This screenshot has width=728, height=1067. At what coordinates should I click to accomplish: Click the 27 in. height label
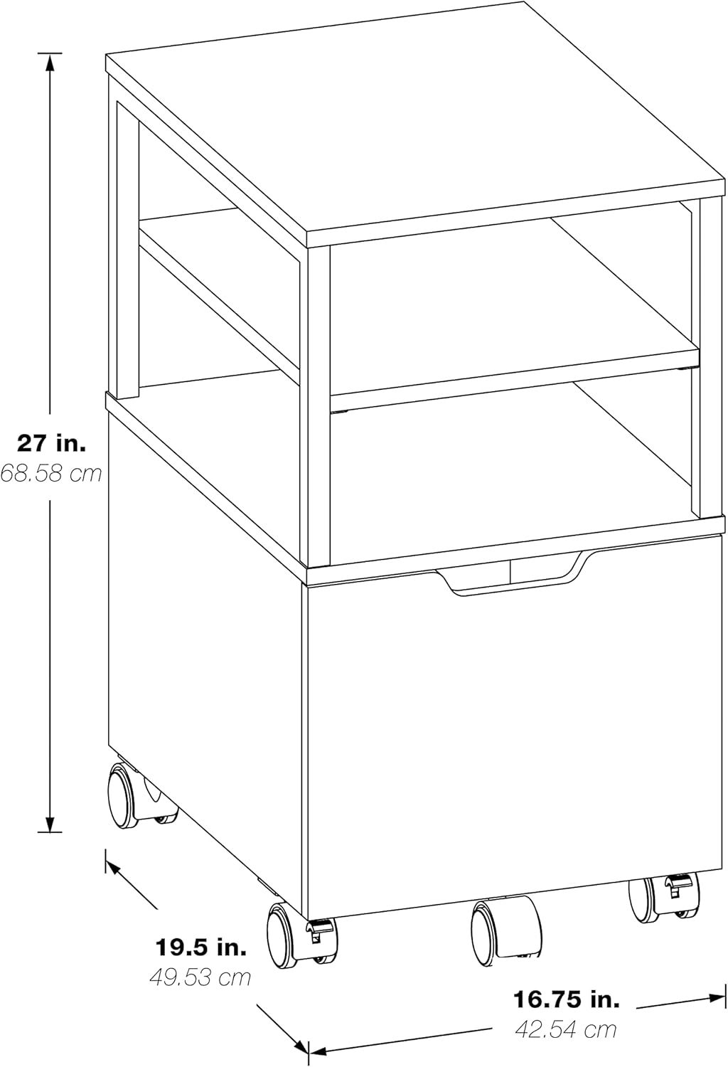(51, 443)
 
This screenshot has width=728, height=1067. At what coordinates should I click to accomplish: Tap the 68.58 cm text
(51, 474)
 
